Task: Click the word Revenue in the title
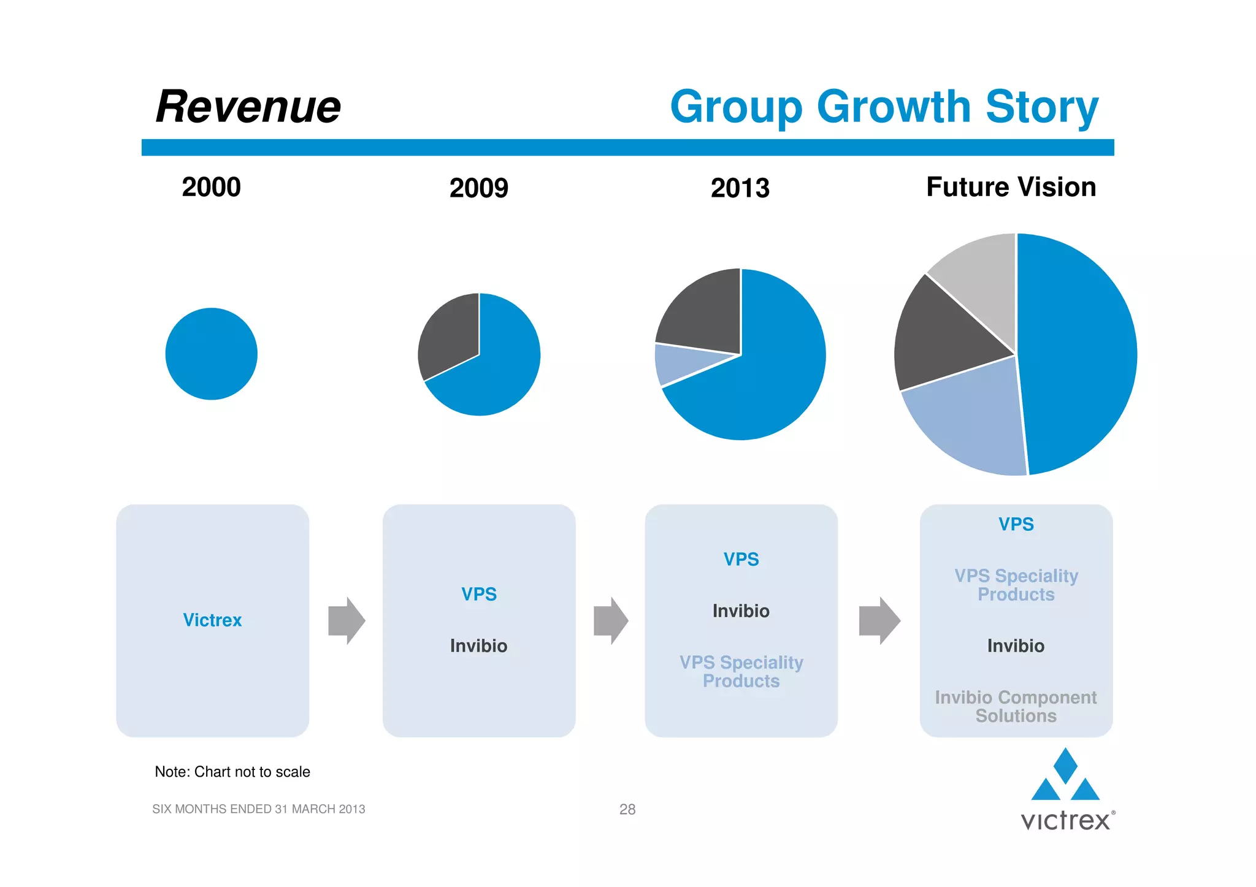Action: (248, 107)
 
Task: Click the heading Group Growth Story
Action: (884, 107)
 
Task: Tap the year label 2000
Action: (211, 187)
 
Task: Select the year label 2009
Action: (478, 188)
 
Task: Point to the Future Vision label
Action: (1011, 187)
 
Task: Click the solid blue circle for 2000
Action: (211, 354)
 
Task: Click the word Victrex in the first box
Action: (212, 620)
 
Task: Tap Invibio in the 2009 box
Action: (478, 646)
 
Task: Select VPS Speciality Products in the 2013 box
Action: (741, 672)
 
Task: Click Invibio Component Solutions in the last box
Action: (1016, 707)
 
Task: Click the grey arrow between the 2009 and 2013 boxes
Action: (611, 620)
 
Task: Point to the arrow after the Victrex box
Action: (347, 620)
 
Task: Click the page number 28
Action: (627, 809)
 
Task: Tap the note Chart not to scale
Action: (232, 772)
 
